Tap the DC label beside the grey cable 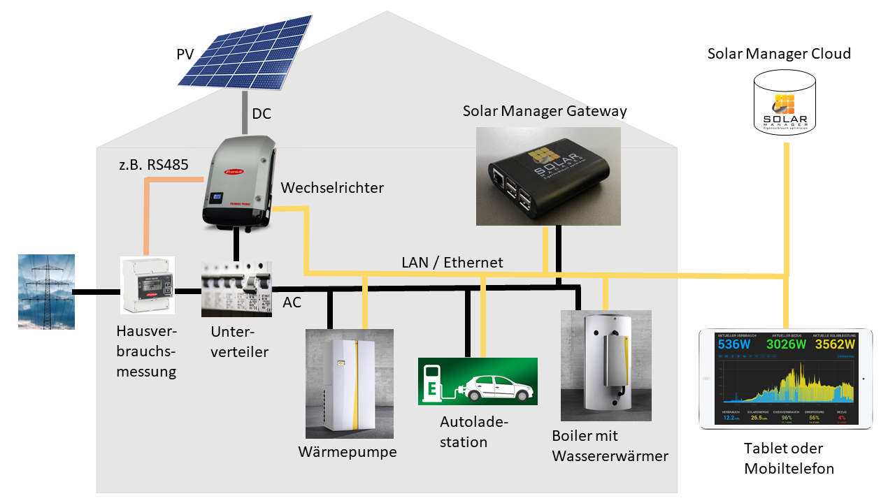coord(262,114)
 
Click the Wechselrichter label coord(332,188)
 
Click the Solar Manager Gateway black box coord(548,176)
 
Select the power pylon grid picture coord(46,291)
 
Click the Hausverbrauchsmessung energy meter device coord(148,286)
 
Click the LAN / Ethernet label coord(452,263)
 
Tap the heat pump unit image coord(350,384)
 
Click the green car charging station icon coord(478,381)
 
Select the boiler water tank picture coord(606,365)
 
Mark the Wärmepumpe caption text coord(348,452)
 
